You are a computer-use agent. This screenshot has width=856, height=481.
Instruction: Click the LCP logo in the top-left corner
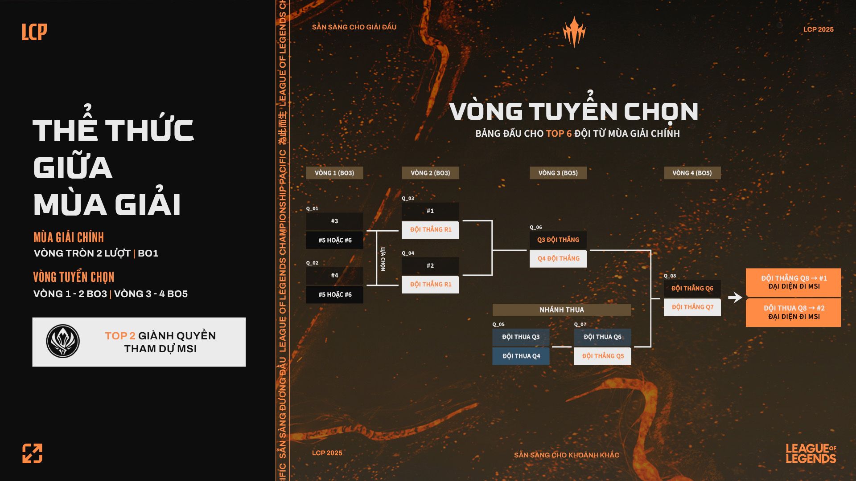34,32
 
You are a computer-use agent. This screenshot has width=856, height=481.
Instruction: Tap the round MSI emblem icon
63,342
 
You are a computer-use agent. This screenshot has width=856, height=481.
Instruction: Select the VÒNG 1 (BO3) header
334,173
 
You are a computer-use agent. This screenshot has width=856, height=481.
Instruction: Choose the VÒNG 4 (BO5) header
692,173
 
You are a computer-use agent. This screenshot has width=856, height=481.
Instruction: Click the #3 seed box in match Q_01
334,221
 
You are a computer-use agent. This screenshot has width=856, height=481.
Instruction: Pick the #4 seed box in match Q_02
334,275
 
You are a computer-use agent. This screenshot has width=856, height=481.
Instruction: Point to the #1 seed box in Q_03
430,211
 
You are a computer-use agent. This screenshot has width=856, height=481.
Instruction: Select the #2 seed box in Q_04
430,265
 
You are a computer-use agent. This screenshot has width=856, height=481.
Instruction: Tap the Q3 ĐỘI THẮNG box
558,240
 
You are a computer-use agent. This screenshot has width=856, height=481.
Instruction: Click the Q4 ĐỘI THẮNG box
558,258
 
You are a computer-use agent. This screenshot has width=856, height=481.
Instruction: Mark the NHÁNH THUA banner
561,310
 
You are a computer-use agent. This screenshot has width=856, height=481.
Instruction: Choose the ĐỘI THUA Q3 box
521,337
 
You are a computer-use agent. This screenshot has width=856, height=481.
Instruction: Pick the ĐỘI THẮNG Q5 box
602,356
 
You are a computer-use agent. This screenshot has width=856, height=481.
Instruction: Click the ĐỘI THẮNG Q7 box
692,307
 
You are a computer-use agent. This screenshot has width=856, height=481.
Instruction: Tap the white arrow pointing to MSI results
735,297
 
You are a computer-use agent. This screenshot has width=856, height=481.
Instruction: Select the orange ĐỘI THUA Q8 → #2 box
793,312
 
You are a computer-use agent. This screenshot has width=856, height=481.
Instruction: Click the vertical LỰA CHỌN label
383,258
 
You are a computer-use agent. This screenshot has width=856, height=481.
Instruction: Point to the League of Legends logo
811,453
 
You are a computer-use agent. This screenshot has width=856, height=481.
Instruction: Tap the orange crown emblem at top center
574,32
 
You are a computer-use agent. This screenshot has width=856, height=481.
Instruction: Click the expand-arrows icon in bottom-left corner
33,453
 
